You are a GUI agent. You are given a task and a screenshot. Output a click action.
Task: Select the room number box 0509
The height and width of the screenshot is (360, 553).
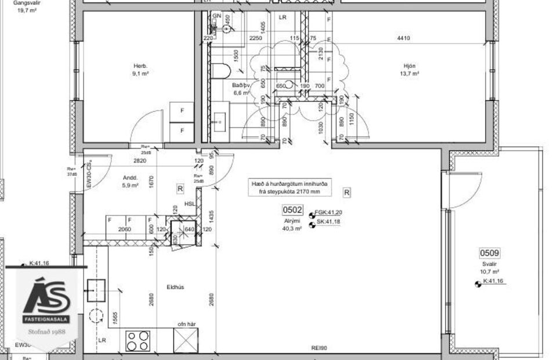tap(489, 253)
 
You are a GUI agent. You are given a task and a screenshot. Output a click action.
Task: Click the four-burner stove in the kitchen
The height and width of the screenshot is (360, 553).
tap(138, 341)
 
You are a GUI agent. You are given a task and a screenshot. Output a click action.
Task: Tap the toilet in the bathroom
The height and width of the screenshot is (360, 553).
tap(221, 71)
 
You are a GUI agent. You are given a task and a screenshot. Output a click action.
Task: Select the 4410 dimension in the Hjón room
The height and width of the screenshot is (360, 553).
tap(403, 38)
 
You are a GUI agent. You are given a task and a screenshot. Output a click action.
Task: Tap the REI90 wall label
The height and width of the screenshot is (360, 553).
tap(320, 349)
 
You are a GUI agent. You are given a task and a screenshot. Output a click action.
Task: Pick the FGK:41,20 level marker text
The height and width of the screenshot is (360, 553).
tap(328, 213)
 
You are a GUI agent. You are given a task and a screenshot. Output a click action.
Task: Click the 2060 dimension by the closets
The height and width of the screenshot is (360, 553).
tap(124, 230)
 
